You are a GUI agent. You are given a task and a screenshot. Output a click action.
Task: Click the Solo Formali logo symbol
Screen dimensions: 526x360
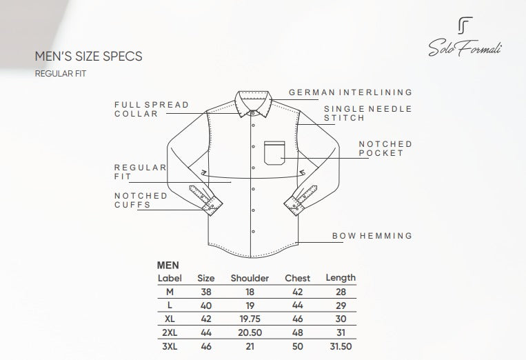(465, 26)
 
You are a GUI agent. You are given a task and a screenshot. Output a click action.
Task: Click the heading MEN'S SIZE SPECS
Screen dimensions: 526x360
(88, 57)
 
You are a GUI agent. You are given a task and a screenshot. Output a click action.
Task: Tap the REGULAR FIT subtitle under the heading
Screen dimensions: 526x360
(61, 74)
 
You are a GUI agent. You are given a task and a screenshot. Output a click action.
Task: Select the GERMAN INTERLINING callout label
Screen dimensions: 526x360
(350, 92)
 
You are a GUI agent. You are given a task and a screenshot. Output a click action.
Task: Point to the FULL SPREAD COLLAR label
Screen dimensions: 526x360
(152, 110)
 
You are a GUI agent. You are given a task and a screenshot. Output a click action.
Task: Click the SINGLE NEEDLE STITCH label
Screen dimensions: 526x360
(367, 113)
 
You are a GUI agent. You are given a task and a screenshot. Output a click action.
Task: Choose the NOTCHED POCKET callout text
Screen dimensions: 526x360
(385, 149)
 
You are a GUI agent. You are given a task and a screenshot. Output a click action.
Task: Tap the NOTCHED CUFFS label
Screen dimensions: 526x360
(141, 200)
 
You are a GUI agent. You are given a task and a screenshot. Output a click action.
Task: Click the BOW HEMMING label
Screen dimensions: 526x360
(372, 236)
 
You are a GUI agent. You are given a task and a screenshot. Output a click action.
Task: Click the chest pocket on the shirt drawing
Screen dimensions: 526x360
(274, 153)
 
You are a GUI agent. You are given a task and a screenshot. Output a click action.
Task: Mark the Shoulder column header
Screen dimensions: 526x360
(250, 278)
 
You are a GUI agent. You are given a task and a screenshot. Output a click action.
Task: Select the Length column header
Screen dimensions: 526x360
(341, 278)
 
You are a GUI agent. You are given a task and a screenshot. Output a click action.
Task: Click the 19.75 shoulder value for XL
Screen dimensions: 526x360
(250, 319)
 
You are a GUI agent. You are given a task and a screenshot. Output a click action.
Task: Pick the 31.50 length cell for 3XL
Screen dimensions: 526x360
(341, 346)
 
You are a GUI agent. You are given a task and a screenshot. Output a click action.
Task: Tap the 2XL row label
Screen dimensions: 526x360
(170, 332)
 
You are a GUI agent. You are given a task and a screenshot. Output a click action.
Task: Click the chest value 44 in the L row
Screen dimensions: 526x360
(298, 306)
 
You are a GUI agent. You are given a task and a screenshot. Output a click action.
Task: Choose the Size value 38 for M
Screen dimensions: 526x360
(206, 292)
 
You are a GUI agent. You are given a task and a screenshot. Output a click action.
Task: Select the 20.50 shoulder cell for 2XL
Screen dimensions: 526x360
(250, 332)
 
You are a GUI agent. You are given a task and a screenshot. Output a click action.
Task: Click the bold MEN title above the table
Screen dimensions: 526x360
(168, 266)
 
